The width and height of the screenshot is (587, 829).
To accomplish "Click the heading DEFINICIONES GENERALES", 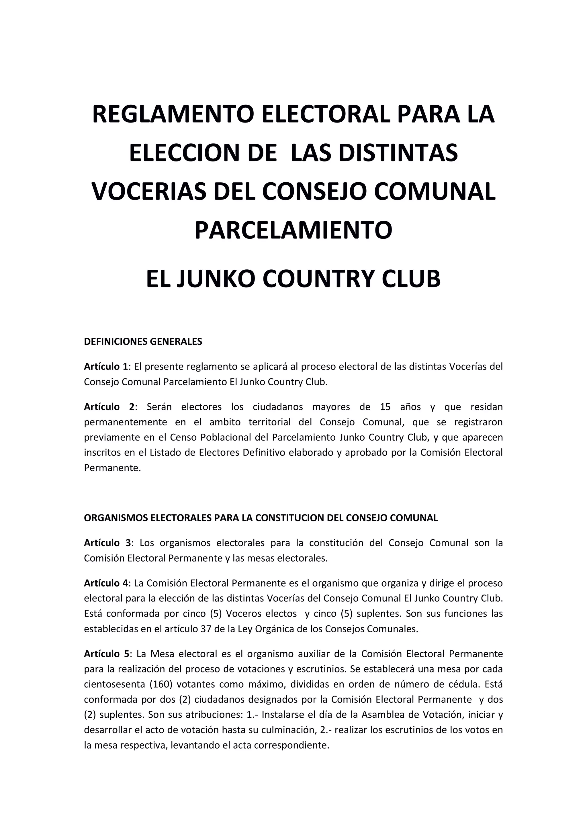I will [143, 342].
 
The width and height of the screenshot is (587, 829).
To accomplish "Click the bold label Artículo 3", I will [107, 543].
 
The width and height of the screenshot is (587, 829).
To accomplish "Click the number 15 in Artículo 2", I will [385, 407].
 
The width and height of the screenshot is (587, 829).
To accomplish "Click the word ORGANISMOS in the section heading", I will [116, 518].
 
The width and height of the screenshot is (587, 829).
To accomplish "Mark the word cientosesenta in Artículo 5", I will [114, 684].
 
